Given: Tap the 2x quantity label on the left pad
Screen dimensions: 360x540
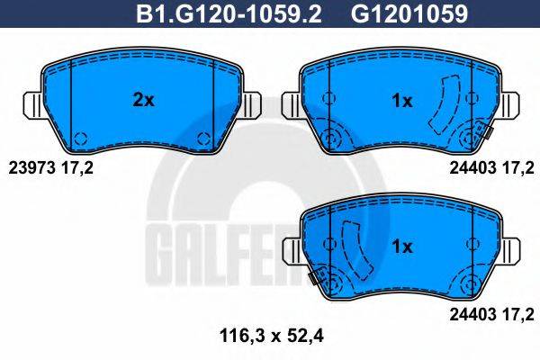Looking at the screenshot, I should click(x=143, y=101).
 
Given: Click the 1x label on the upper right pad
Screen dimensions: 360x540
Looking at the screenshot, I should click(x=402, y=101).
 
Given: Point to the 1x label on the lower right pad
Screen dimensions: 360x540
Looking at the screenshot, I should click(x=402, y=245).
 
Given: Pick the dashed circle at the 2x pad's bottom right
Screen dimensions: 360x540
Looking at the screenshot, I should click(x=202, y=139).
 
